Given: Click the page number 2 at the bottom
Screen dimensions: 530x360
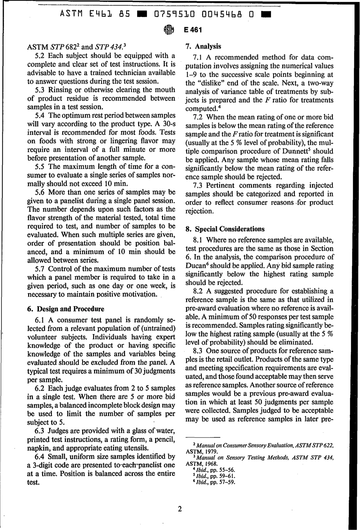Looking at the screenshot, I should point(180,509).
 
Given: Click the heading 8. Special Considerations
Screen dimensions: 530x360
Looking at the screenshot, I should point(225,229).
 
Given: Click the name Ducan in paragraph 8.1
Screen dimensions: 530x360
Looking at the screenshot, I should point(197,266).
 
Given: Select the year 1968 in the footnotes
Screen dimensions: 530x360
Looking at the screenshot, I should point(210,463).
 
